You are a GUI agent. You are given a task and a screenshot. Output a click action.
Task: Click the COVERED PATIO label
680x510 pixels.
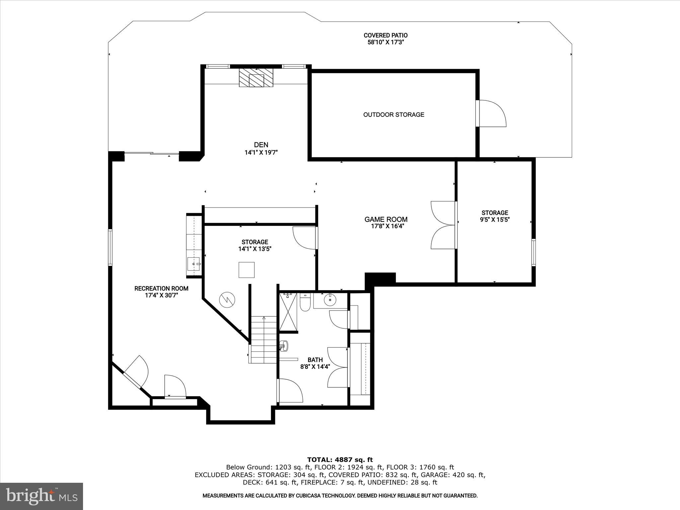(x=385, y=35)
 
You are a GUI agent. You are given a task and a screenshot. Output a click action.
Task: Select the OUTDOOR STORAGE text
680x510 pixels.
(x=393, y=115)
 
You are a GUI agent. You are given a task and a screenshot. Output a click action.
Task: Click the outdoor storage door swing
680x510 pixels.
(x=491, y=114)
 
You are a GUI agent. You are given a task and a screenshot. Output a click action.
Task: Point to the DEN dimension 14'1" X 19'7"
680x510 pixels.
(x=261, y=153)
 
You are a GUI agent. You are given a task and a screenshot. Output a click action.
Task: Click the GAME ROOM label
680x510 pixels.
(x=386, y=219)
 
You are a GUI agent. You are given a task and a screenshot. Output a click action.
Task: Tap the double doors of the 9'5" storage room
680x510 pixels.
(x=443, y=225)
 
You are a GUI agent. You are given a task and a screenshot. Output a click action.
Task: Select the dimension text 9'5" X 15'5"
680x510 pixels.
(x=495, y=219)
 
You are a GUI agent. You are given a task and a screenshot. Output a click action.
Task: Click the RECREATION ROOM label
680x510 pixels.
(x=161, y=289)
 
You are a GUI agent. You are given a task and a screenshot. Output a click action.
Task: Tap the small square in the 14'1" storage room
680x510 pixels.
(x=246, y=270)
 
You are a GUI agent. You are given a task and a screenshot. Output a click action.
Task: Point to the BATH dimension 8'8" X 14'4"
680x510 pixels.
(x=315, y=367)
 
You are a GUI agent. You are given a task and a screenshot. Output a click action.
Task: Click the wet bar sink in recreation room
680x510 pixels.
(x=194, y=265)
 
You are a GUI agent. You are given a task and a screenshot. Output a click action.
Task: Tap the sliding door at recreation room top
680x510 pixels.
(x=151, y=153)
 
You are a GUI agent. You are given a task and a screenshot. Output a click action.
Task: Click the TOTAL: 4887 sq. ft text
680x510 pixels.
(x=340, y=460)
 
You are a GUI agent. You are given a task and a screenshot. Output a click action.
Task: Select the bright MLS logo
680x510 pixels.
(x=42, y=496)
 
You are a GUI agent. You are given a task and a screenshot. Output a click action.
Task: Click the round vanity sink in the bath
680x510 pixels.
(x=330, y=300)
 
